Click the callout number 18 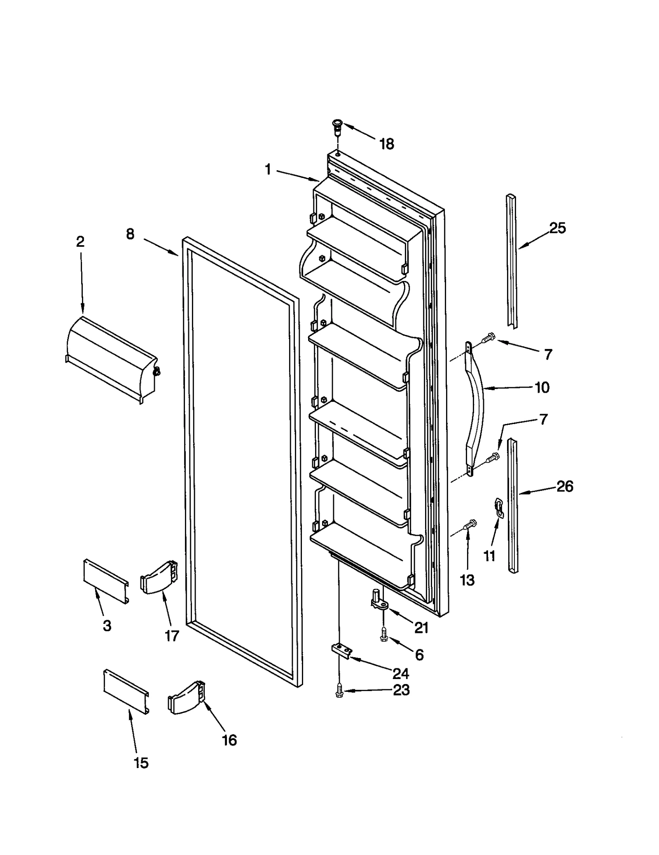tap(387, 144)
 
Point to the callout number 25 tap(557, 228)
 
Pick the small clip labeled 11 tap(499, 507)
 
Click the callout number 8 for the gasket tap(130, 234)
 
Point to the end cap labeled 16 tap(186, 697)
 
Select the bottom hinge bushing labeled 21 tap(379, 604)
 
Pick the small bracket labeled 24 tap(341, 651)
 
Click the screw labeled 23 tap(339, 690)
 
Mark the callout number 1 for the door tap(268, 169)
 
